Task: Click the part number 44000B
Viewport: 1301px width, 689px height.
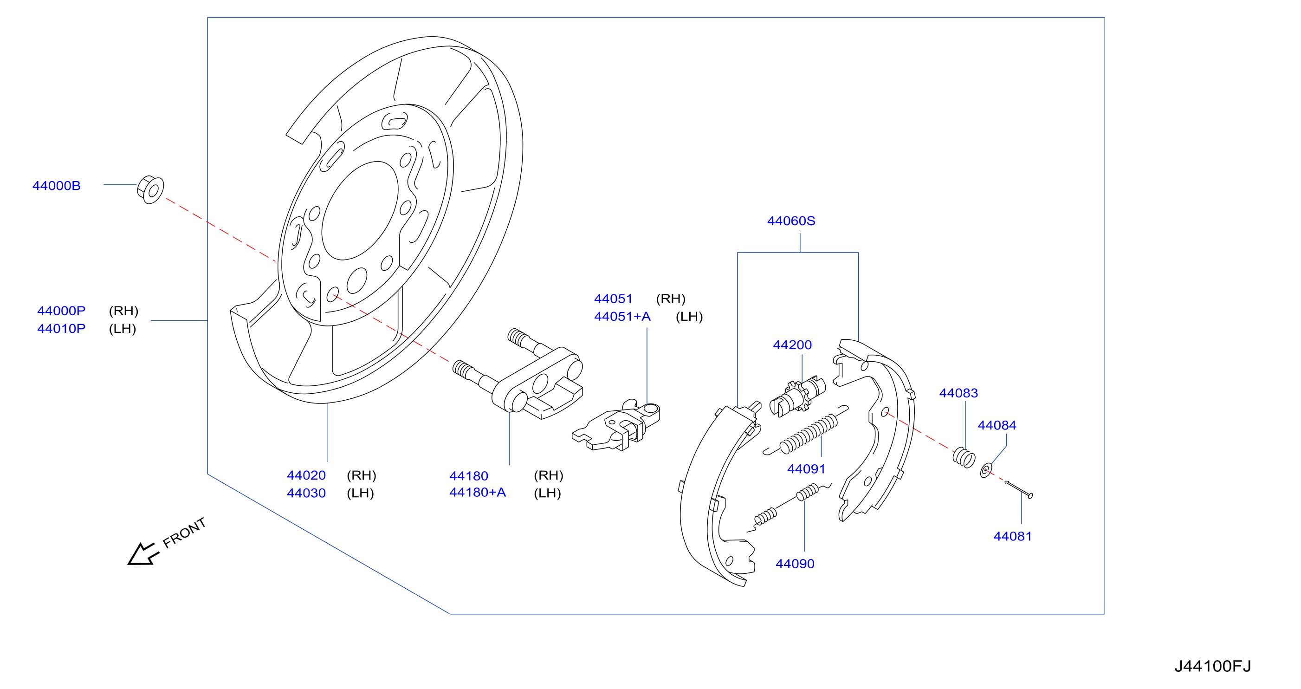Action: click(57, 186)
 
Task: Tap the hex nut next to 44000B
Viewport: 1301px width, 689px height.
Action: click(150, 190)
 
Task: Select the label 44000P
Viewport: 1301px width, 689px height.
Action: click(61, 311)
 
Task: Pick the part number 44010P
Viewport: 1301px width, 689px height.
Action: click(61, 329)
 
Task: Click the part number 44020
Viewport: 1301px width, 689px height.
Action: click(306, 475)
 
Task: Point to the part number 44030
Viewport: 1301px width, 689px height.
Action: click(306, 493)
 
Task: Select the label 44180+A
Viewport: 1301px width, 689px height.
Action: click(477, 493)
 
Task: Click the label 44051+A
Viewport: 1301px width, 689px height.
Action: click(622, 317)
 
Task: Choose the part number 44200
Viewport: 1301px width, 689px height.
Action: click(792, 345)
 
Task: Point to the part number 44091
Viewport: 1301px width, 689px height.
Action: click(806, 469)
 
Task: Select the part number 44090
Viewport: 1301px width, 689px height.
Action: click(795, 564)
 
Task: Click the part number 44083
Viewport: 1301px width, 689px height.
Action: click(958, 393)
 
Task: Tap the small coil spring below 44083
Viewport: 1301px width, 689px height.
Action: click(964, 457)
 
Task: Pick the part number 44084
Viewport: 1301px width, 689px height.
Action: click(997, 425)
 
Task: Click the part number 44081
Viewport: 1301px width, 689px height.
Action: click(1013, 536)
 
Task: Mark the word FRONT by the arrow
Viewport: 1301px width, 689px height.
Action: click(184, 533)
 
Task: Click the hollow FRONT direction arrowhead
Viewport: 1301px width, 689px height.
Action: click(143, 555)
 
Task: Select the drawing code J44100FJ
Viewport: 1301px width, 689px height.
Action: click(1213, 666)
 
